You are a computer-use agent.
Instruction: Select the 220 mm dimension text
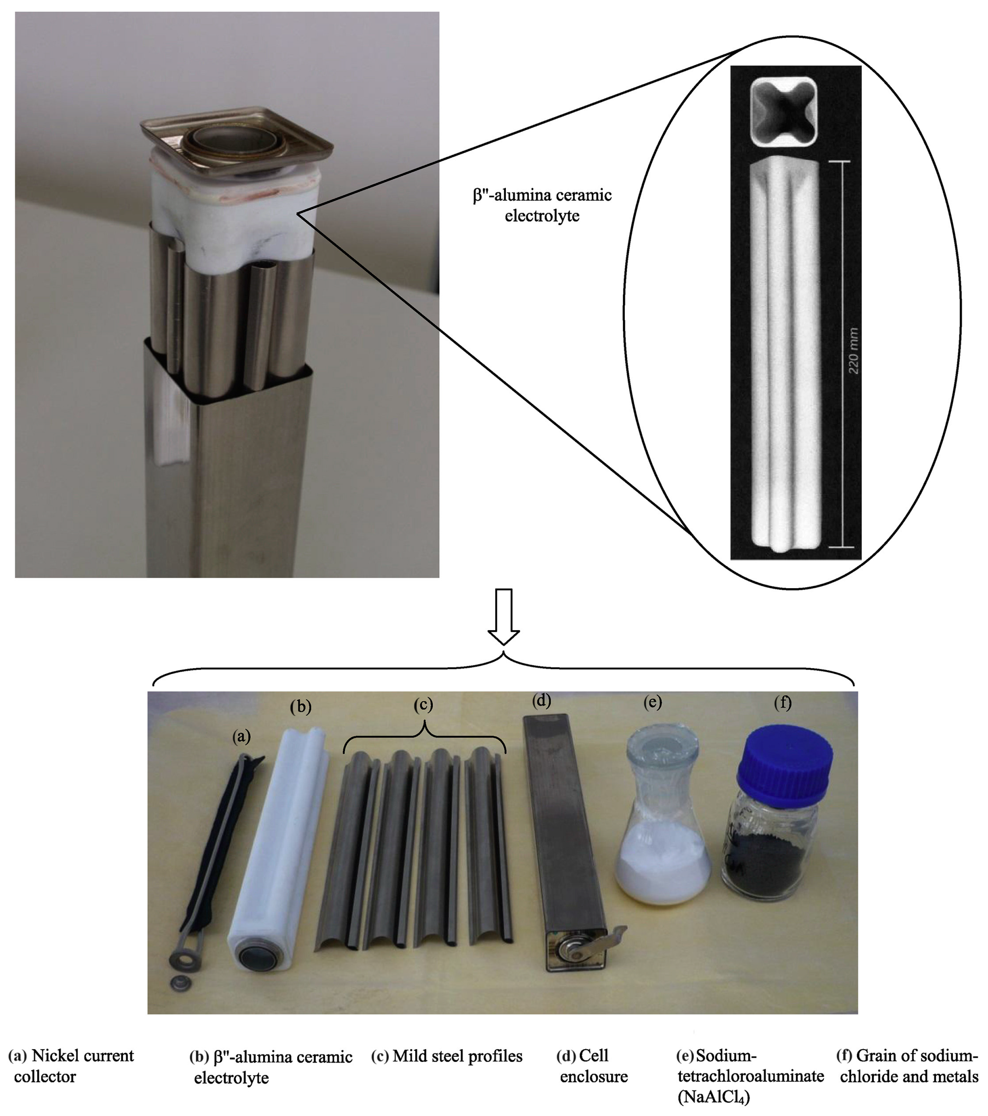coord(854,351)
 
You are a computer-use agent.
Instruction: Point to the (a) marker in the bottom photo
coord(241,737)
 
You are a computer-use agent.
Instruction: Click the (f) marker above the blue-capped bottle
coord(783,703)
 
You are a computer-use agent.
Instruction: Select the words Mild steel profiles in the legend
coord(457,1056)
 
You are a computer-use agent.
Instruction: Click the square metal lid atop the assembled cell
coord(237,138)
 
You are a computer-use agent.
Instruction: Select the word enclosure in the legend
coord(594,1077)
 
